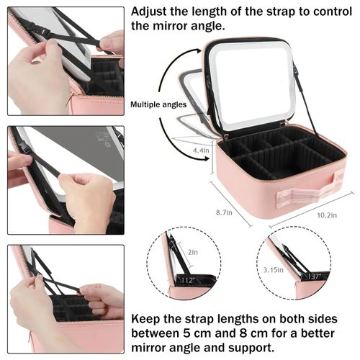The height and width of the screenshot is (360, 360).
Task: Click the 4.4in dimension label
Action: pyautogui.click(x=201, y=150)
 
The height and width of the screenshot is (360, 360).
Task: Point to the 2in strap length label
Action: pyautogui.click(x=192, y=252)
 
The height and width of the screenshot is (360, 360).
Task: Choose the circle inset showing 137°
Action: pyautogui.click(x=295, y=264)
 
